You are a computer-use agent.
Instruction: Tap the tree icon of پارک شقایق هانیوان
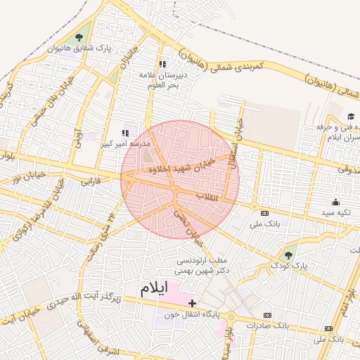78,38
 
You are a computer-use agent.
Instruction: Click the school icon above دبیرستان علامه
163,64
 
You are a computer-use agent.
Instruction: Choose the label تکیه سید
335,212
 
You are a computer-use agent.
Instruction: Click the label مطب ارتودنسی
224,260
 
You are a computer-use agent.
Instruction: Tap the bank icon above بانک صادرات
268,316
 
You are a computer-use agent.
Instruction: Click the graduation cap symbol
351,116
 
